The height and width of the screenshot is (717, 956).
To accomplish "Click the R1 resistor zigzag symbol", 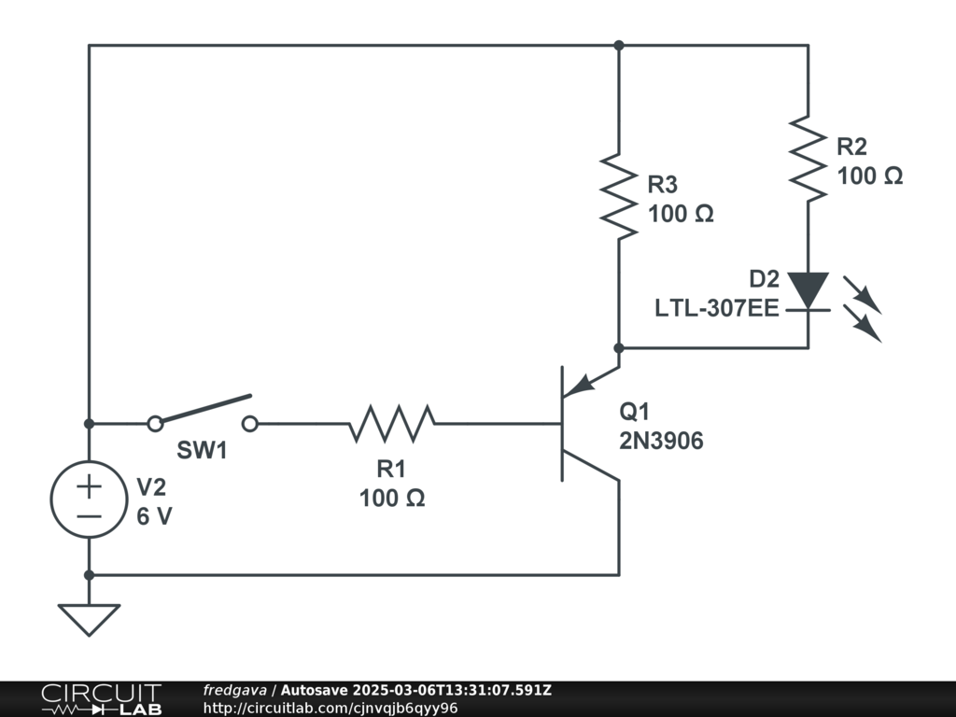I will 392,423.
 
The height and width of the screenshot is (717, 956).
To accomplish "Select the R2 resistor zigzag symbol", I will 808,158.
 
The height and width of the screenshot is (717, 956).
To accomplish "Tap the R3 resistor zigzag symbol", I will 619,194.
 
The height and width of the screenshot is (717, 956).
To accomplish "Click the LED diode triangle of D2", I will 808,289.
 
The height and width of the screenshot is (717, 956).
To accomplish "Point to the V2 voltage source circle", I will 89,500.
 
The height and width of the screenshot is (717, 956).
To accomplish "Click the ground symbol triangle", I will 89,618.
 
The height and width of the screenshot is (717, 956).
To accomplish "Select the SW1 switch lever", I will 204,410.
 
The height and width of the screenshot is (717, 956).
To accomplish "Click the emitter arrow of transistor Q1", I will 580,384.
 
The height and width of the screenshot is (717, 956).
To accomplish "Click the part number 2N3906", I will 661,442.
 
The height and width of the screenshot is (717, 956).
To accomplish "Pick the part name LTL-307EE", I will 717,307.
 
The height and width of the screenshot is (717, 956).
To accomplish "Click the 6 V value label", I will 155,515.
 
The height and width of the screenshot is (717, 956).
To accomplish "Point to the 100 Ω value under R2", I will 869,176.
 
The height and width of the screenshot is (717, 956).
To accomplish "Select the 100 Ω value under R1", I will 392,499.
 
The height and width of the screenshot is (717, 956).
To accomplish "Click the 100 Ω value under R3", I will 681,214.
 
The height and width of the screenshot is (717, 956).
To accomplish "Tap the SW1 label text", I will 203,450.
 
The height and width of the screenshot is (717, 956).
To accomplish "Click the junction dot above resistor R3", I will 619,45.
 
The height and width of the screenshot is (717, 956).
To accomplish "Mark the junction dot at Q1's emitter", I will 619,347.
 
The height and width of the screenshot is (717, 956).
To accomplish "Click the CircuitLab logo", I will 101,699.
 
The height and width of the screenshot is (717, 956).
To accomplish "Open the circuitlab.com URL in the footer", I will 330,708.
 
